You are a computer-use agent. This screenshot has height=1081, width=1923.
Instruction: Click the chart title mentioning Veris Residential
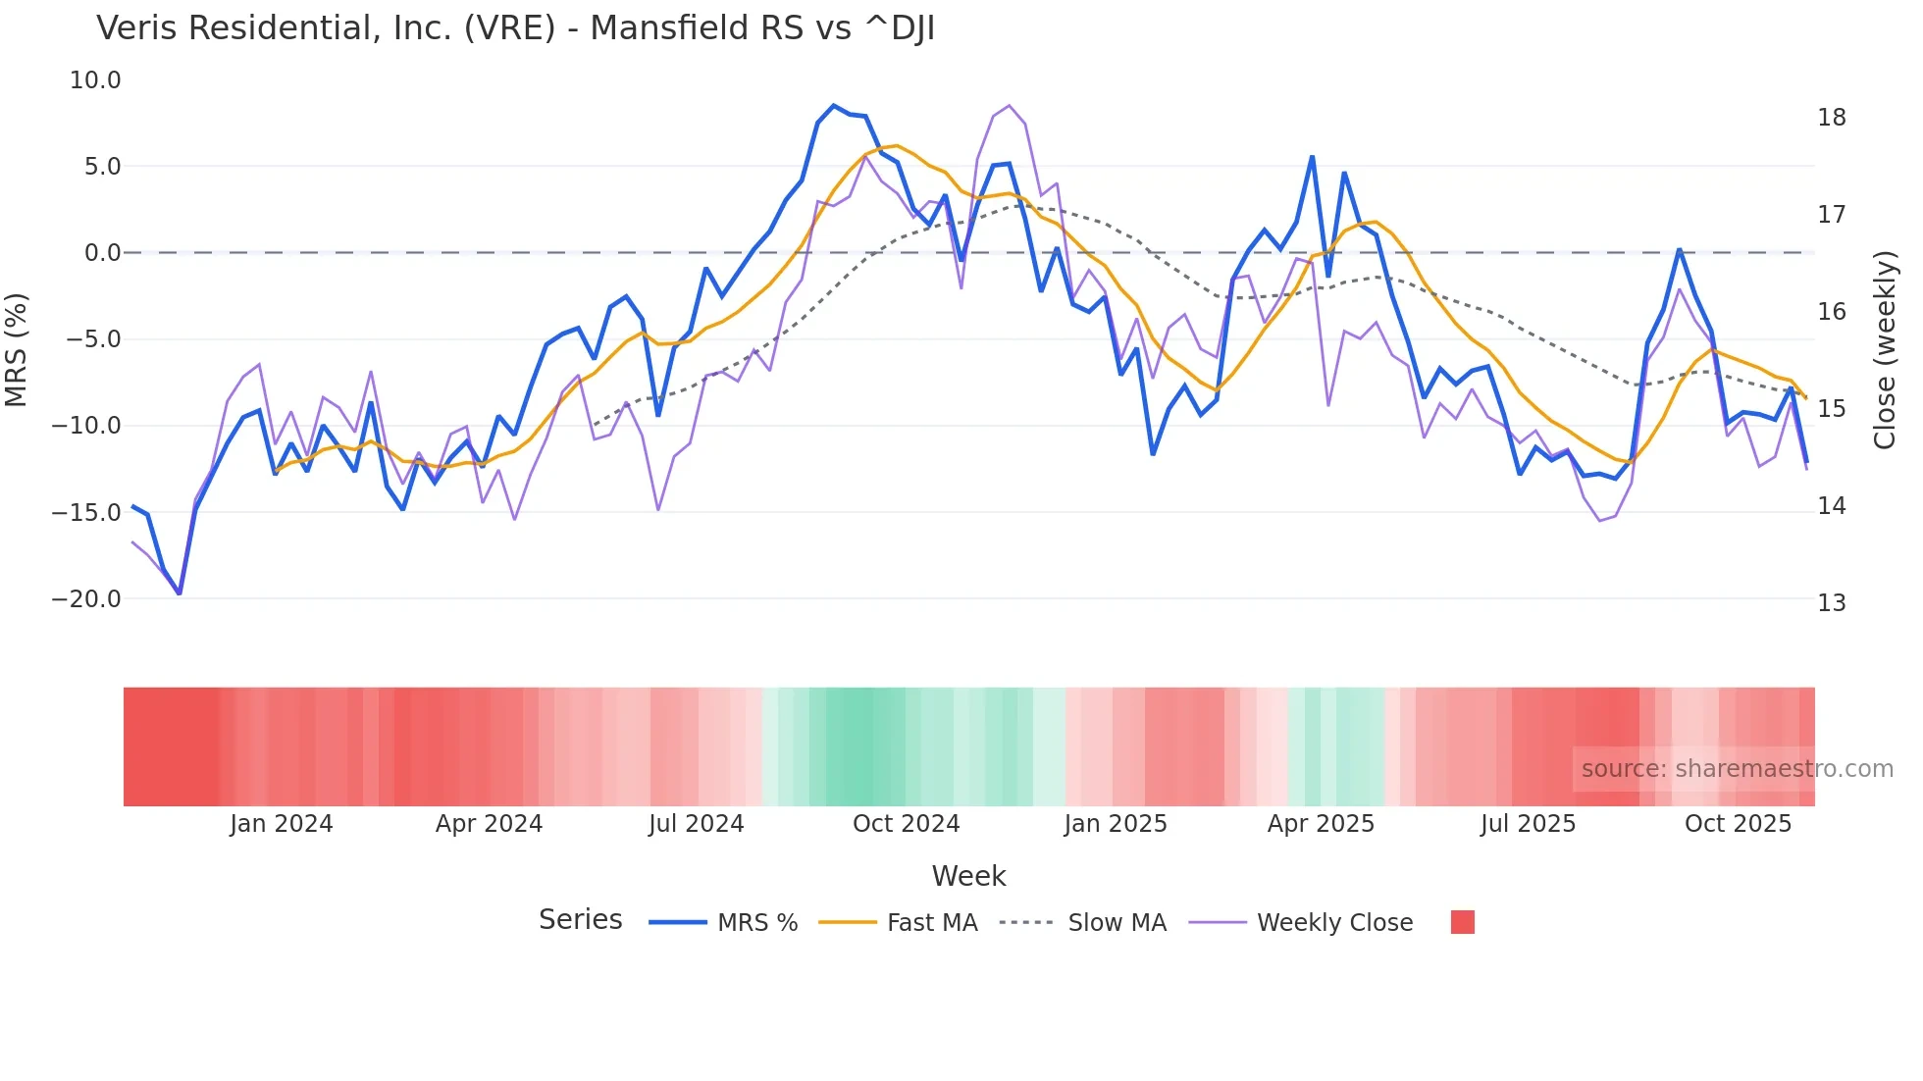tap(515, 28)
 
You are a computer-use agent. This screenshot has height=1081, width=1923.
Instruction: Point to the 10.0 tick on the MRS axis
tap(95, 80)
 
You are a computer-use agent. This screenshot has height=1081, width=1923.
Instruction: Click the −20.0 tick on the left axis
tap(86, 599)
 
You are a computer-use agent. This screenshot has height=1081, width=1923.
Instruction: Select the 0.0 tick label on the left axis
tap(102, 253)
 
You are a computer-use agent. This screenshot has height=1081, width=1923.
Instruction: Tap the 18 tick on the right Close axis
tap(1831, 118)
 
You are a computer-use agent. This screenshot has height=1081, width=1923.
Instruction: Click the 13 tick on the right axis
tap(1831, 603)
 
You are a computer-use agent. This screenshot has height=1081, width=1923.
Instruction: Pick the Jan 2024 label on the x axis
tap(282, 824)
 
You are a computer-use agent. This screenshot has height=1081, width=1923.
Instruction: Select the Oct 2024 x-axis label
tap(906, 824)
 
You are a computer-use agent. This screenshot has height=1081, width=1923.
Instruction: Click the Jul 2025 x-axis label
tap(1528, 824)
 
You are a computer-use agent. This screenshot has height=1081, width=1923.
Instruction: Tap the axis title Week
tap(968, 876)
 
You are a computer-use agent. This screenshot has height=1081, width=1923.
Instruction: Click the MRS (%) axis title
tap(17, 350)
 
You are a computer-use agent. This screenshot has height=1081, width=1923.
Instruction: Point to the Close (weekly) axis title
tap(1885, 350)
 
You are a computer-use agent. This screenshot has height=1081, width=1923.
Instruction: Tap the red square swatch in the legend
tap(1462, 922)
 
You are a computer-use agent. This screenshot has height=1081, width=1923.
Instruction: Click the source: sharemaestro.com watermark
tap(1737, 769)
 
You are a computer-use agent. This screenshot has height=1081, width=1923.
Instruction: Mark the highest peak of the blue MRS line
tap(834, 106)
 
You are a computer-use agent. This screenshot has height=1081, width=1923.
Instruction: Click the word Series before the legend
tap(580, 920)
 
